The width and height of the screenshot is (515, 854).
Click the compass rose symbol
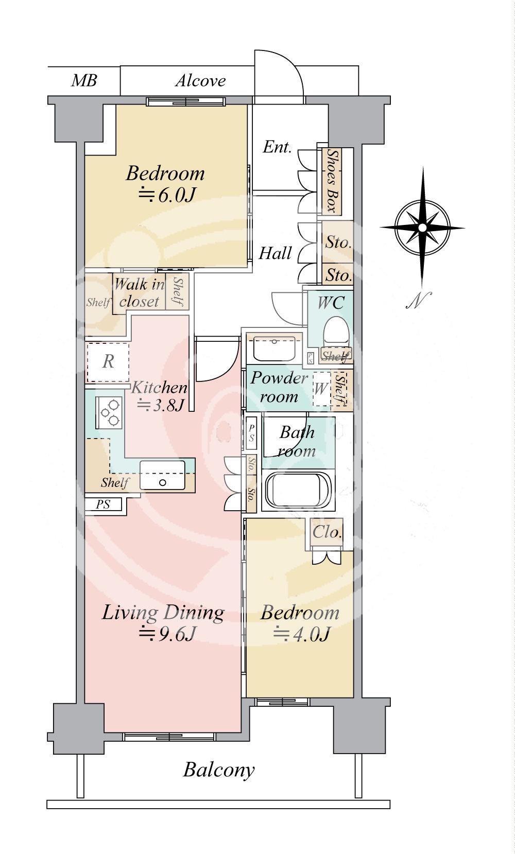(x=422, y=228)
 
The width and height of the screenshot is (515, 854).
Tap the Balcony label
(x=218, y=770)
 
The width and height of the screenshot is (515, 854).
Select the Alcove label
(x=201, y=81)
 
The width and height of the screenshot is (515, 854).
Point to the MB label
(x=84, y=80)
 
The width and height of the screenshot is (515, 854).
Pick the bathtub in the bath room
(x=298, y=491)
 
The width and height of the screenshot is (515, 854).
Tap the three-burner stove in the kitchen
(x=109, y=412)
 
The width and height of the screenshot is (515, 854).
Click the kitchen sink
(x=162, y=475)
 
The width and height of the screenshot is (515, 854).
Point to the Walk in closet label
(x=139, y=293)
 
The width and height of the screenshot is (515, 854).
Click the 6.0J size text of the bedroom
(x=167, y=195)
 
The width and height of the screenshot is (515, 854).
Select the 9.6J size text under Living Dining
(x=168, y=634)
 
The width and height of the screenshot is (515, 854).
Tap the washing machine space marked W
(x=321, y=389)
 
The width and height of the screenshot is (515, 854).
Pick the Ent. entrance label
(x=278, y=147)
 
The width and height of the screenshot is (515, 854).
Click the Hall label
(x=275, y=253)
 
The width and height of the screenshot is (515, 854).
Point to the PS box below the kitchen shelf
(x=103, y=504)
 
